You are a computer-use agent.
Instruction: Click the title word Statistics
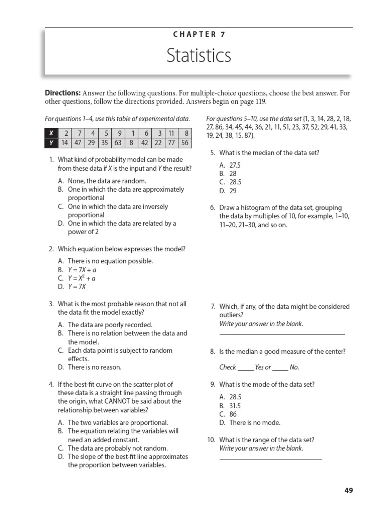coord(199,55)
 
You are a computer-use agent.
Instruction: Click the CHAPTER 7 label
coord(199,34)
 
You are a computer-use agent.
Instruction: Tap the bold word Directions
coord(63,93)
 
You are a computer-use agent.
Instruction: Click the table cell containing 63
coord(119,142)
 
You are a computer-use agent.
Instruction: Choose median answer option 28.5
coord(235,182)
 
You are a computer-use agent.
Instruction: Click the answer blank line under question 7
coord(282,333)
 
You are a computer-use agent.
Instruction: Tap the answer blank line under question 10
coord(270,458)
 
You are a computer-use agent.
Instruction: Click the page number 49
coord(348,491)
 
